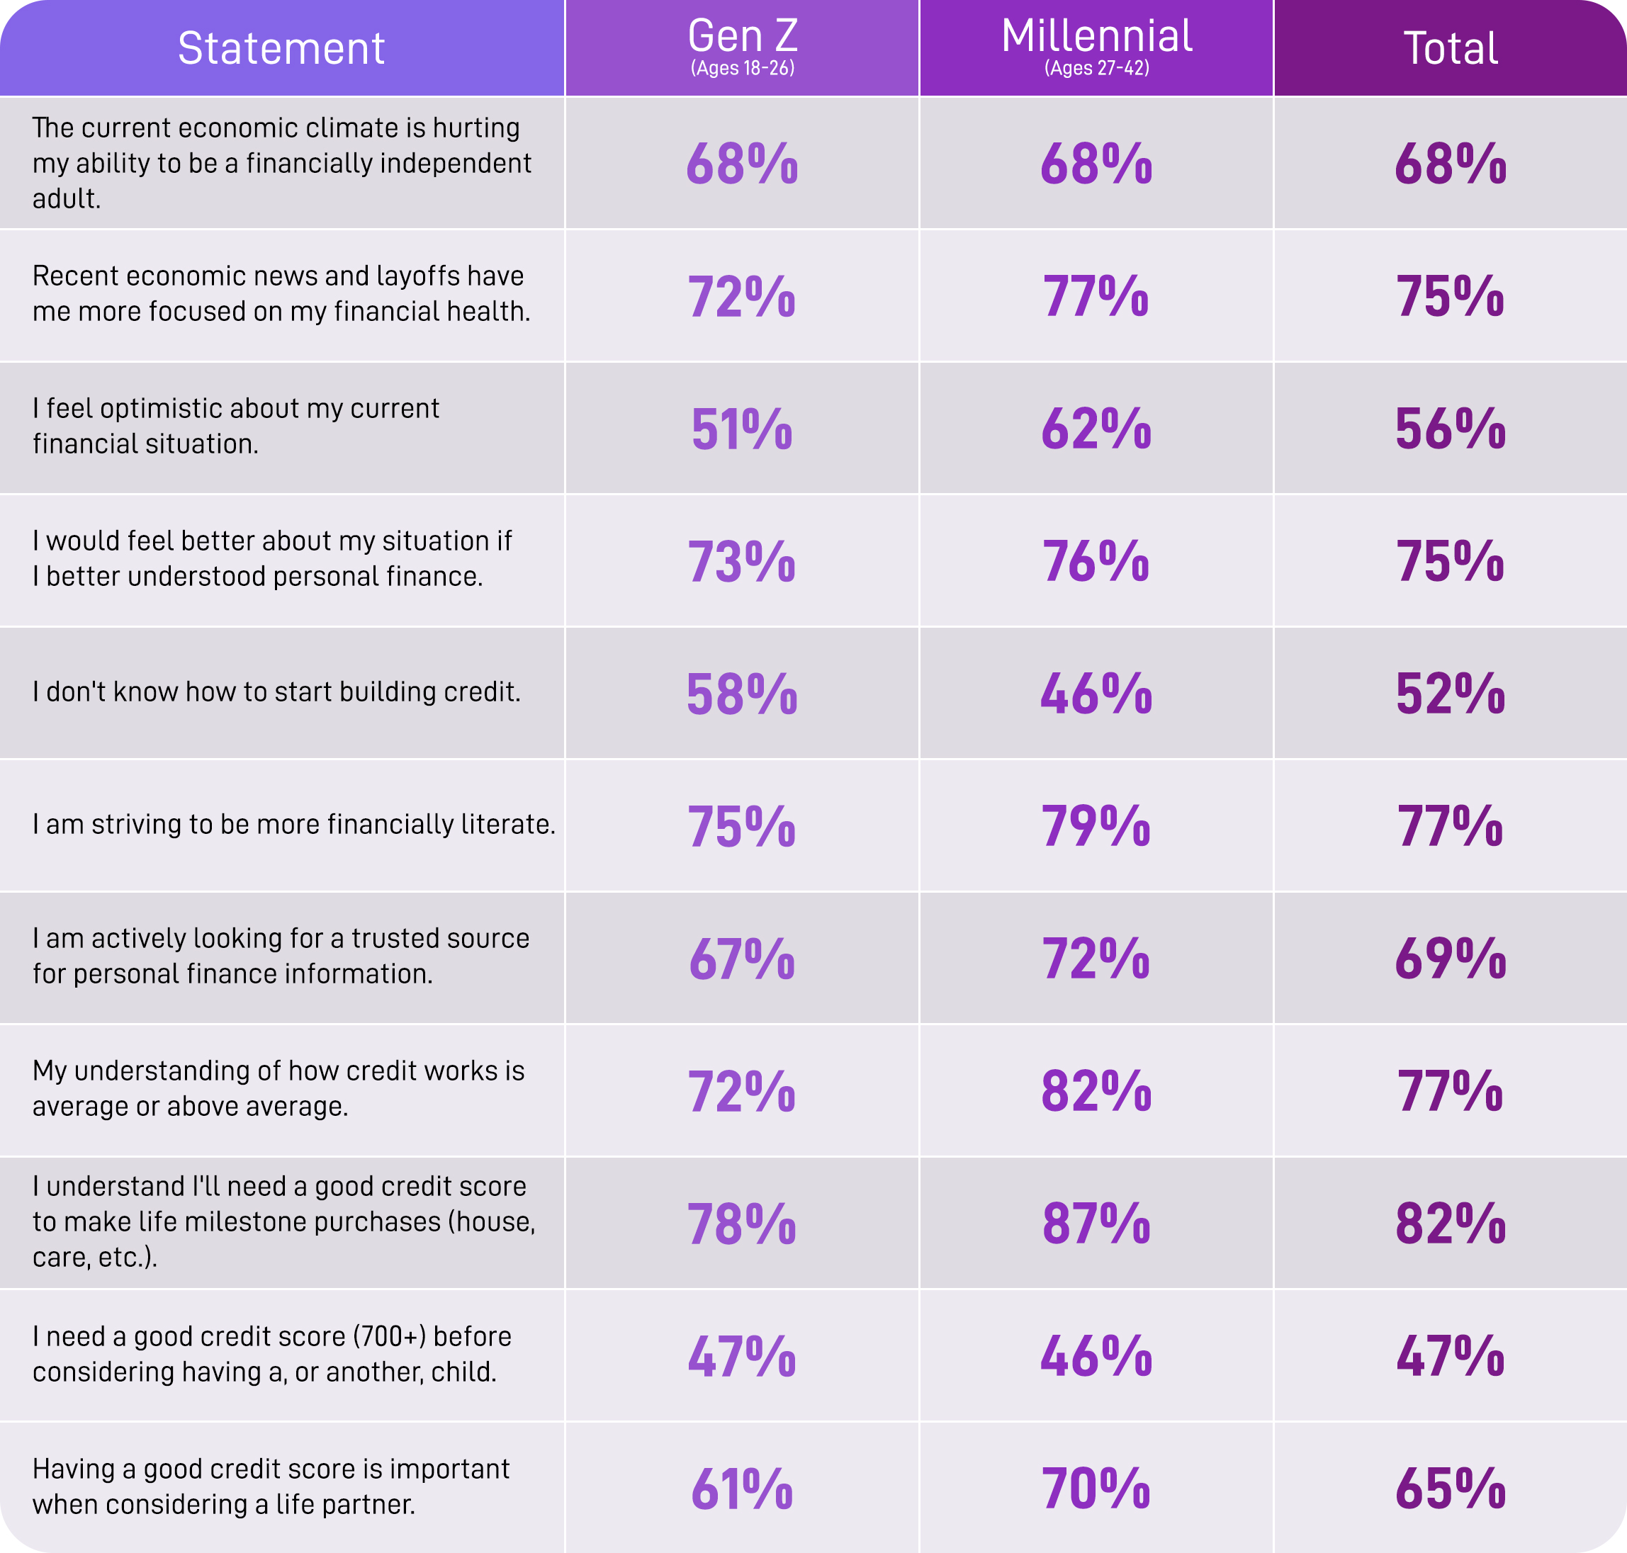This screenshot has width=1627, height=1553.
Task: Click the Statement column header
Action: [x=281, y=48]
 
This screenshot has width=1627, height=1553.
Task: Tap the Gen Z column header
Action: [x=743, y=36]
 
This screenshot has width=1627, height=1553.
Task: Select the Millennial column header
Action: [x=1096, y=36]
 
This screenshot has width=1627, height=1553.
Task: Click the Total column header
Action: [x=1451, y=48]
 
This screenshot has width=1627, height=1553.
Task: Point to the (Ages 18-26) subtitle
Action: [x=743, y=69]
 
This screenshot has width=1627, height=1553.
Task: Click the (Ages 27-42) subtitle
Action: [x=1096, y=69]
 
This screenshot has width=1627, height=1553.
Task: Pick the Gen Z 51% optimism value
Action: [x=742, y=429]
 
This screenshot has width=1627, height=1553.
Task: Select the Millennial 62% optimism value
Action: [x=1096, y=429]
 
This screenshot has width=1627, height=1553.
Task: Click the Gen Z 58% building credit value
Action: [x=742, y=694]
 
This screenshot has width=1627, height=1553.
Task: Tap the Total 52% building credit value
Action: [x=1451, y=694]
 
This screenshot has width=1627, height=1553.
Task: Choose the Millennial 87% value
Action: [x=1096, y=1224]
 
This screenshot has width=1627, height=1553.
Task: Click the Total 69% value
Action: [x=1451, y=959]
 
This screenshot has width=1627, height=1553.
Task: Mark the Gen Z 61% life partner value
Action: [x=742, y=1489]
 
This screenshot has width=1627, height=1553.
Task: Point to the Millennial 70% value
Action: [x=1096, y=1489]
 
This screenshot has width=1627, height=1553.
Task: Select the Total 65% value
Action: [x=1451, y=1489]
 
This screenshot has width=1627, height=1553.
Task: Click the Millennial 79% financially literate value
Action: [x=1096, y=826]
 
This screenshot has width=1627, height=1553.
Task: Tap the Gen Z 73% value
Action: [x=742, y=561]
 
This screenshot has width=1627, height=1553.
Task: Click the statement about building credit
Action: [x=276, y=692]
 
